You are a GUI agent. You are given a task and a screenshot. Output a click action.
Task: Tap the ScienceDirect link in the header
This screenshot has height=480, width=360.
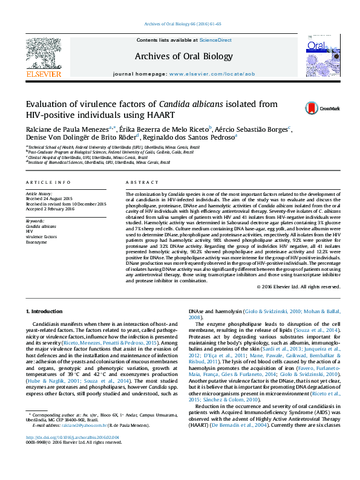216,40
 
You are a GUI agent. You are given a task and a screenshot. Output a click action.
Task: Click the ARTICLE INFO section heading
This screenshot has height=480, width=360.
47,182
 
